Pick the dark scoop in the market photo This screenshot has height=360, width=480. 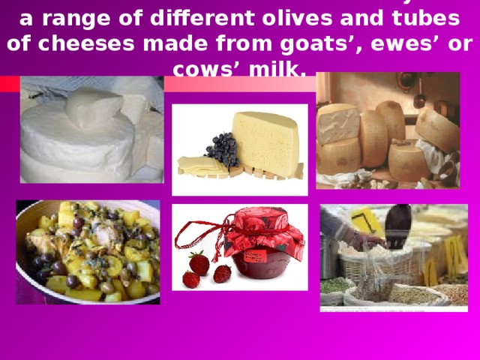[397, 224]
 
